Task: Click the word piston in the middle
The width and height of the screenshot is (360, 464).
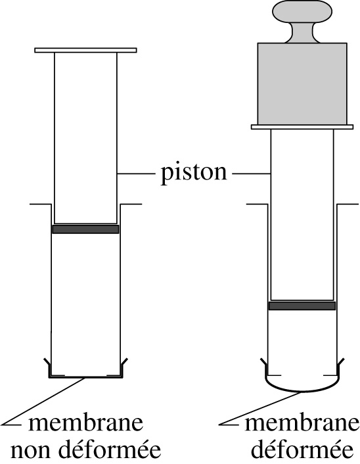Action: (x=194, y=173)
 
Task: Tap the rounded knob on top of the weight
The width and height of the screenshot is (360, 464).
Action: (x=302, y=11)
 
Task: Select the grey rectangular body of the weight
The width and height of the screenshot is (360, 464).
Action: (x=302, y=83)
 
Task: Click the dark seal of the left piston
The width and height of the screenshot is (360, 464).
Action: (x=85, y=229)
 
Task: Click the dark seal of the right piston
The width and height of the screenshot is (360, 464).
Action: (x=302, y=306)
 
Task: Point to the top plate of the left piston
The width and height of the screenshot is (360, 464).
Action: (x=85, y=51)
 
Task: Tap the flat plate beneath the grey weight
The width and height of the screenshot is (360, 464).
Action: (x=302, y=127)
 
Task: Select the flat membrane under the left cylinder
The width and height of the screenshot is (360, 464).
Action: (x=85, y=378)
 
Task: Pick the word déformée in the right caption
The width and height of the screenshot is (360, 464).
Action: (x=302, y=449)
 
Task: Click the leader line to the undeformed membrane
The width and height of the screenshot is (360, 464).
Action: (x=44, y=402)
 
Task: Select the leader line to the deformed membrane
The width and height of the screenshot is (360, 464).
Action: (x=261, y=409)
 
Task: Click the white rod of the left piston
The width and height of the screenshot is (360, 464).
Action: (x=85, y=138)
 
